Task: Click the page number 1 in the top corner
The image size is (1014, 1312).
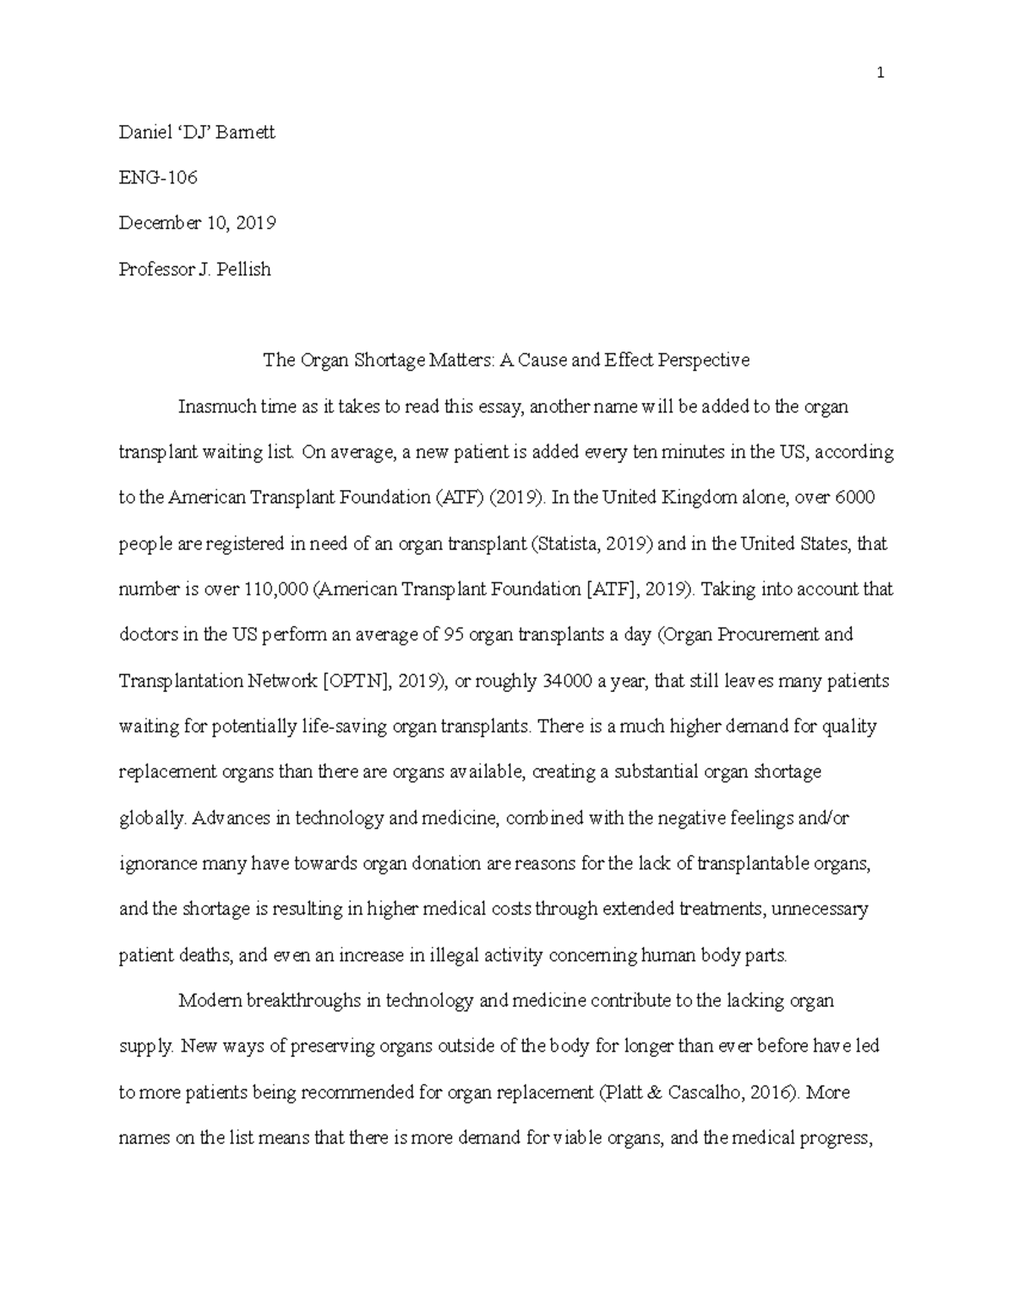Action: click(880, 73)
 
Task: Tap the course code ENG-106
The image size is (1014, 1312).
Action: click(158, 177)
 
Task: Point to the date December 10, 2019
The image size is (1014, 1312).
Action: click(198, 223)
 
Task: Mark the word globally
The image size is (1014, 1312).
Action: click(151, 819)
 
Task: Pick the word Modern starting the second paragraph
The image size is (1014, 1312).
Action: click(210, 1001)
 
